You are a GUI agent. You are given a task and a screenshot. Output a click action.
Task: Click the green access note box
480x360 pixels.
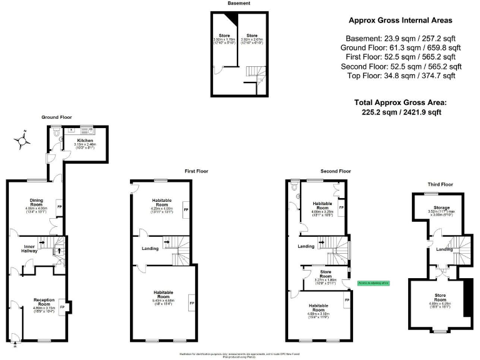[x=373, y=283]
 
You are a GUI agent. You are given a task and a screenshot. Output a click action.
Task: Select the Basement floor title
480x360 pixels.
[x=239, y=3]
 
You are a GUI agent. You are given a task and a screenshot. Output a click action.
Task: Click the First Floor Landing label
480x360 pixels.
[x=150, y=248]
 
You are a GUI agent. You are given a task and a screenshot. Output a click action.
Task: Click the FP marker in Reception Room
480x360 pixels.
[x=62, y=307]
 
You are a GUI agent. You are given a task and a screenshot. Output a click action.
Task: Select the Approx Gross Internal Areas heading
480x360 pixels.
[x=400, y=20]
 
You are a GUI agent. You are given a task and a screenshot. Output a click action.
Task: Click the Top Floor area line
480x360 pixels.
[x=400, y=76]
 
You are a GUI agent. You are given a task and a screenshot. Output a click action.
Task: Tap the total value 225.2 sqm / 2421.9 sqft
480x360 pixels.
[x=401, y=112]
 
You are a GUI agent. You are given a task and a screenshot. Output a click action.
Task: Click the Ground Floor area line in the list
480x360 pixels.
[x=400, y=47]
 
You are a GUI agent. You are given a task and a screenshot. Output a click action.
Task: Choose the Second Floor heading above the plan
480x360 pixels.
[x=336, y=171]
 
